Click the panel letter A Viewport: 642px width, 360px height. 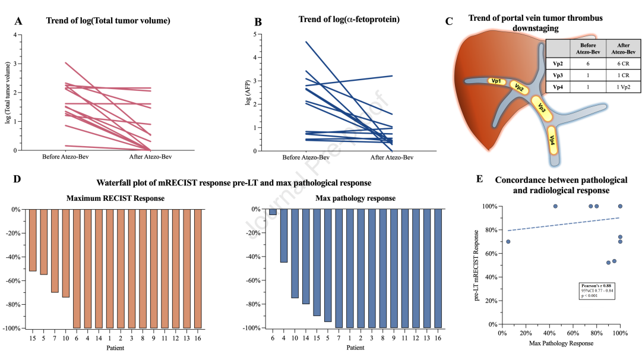tap(19, 21)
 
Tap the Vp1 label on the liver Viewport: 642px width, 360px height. tap(495, 81)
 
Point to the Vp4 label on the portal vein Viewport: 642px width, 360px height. tap(552, 141)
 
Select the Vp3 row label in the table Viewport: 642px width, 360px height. tap(557, 75)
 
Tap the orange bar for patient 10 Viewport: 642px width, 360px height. tap(66, 253)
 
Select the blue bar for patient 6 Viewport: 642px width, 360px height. tap(273, 212)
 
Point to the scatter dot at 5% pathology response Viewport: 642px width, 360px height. tap(508, 242)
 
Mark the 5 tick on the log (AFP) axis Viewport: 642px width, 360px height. tap(254, 34)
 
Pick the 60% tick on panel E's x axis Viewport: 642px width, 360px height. tap(573, 332)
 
